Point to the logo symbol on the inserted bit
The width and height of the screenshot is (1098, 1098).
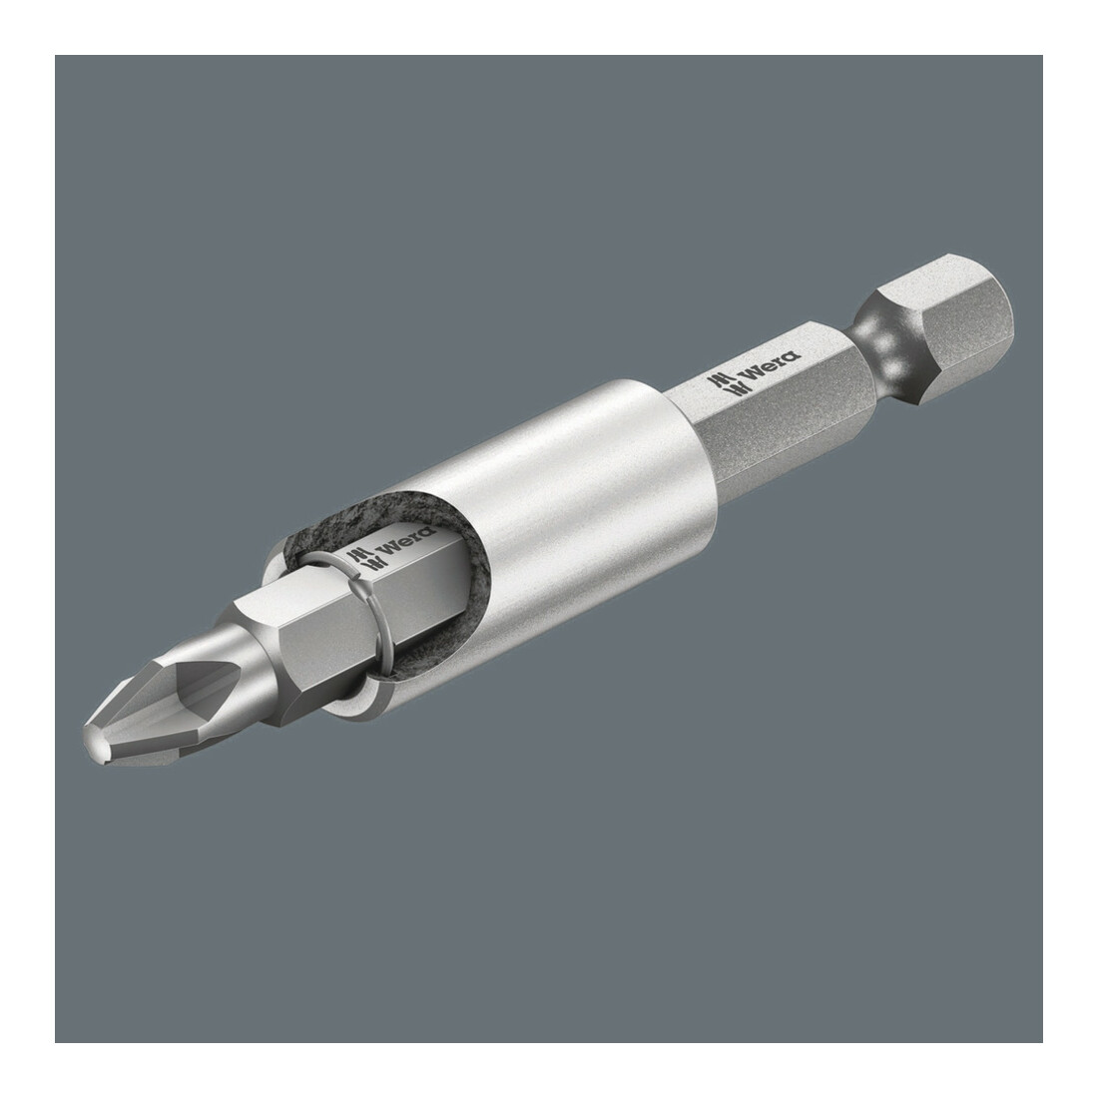[x=362, y=560]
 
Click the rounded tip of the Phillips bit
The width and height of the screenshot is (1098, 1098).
[x=98, y=743]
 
